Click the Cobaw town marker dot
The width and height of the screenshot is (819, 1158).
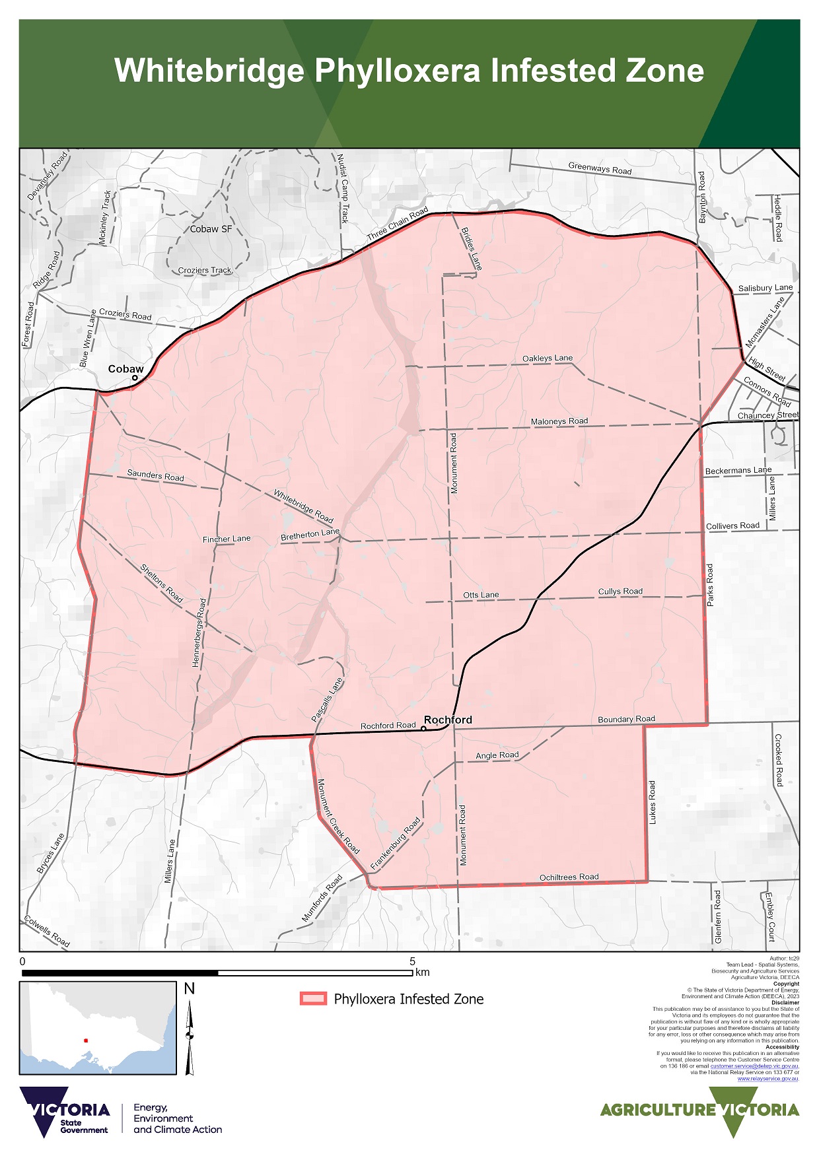[135, 378]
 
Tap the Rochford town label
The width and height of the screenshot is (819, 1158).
[448, 720]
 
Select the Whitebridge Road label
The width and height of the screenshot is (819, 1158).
[303, 506]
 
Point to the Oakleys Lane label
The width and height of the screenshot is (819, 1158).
[548, 358]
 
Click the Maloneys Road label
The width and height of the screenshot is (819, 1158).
[559, 421]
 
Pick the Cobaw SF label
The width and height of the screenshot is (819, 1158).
[211, 229]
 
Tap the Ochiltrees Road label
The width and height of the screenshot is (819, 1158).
[569, 877]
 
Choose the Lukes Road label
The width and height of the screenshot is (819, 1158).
[653, 802]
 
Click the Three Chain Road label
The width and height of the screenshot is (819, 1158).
[398, 224]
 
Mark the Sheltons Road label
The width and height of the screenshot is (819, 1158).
[161, 582]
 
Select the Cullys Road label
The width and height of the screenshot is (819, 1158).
[620, 592]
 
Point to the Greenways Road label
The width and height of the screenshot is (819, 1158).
[600, 168]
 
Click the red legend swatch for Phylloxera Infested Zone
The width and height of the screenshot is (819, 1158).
[313, 999]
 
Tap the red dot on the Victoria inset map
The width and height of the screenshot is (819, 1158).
[86, 1040]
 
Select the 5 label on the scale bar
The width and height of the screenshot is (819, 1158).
[412, 961]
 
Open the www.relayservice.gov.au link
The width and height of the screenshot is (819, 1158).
[767, 1079]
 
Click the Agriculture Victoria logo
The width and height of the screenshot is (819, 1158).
[699, 1110]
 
